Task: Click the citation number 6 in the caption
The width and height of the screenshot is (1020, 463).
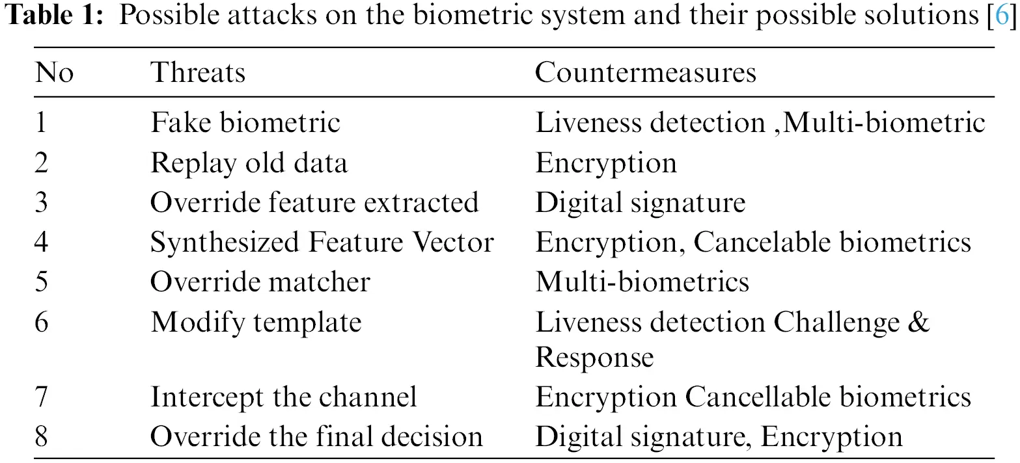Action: pyautogui.click(x=1002, y=15)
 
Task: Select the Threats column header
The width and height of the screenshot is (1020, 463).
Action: pyautogui.click(x=198, y=72)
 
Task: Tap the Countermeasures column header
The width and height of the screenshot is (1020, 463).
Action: pyautogui.click(x=645, y=72)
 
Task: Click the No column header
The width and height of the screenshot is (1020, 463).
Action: pyautogui.click(x=54, y=72)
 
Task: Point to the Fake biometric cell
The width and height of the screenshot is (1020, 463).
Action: pyautogui.click(x=245, y=122)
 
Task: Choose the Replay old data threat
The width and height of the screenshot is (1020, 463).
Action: pyautogui.click(x=249, y=163)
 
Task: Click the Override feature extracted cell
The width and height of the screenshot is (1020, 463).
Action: pyautogui.click(x=314, y=202)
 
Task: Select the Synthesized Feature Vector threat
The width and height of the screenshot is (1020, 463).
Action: pyautogui.click(x=322, y=242)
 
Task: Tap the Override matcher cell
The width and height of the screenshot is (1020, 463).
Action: pyautogui.click(x=260, y=282)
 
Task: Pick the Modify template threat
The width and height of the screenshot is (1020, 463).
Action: pyautogui.click(x=256, y=323)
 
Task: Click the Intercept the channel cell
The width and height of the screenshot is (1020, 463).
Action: pyautogui.click(x=283, y=397)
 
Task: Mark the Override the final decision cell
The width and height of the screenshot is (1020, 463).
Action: pyautogui.click(x=316, y=436)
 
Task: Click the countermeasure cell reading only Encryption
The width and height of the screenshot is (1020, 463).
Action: pyautogui.click(x=605, y=163)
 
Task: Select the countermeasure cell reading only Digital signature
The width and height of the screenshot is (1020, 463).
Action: pyautogui.click(x=640, y=202)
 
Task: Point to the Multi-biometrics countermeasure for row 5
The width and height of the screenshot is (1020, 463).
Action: pyautogui.click(x=642, y=282)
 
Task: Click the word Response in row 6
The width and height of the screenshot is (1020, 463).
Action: pyautogui.click(x=594, y=358)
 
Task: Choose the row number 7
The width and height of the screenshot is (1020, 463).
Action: pyautogui.click(x=42, y=397)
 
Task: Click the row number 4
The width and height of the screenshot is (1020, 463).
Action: pyautogui.click(x=42, y=242)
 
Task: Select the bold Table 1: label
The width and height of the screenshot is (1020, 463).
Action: pyautogui.click(x=54, y=15)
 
